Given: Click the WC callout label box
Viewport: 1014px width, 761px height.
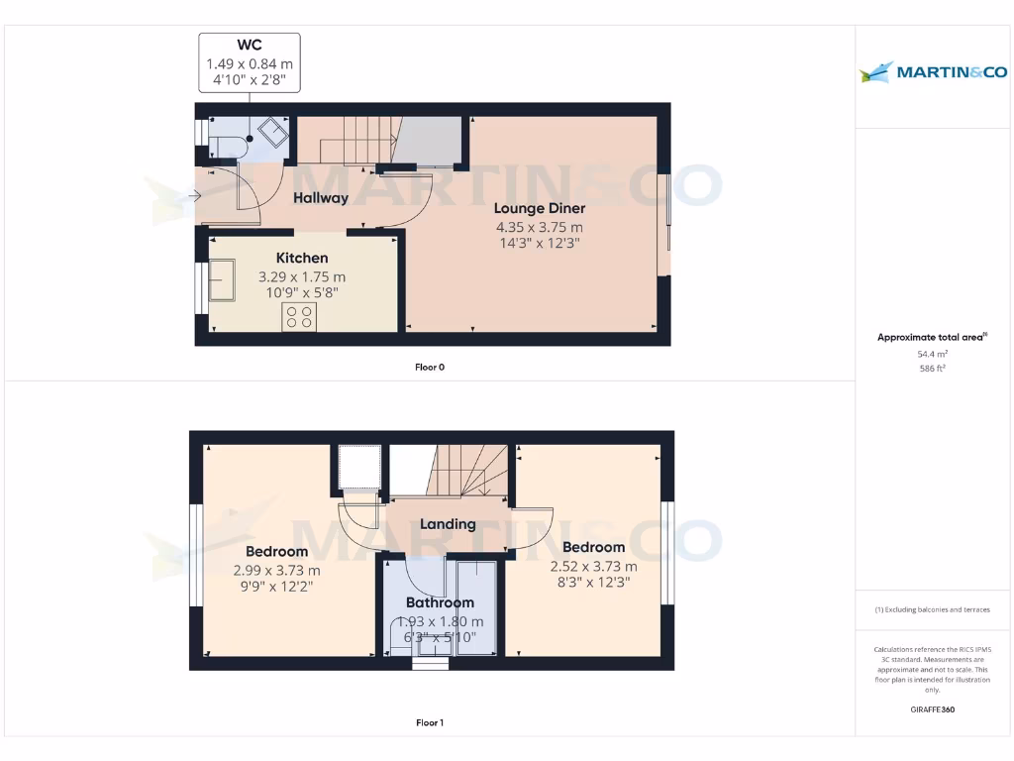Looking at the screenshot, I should click(250, 62).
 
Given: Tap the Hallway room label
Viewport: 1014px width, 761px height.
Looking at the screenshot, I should click(321, 198).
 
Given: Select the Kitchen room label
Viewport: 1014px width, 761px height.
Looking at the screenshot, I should click(302, 258).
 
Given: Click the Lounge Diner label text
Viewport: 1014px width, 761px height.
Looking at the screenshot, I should click(540, 208).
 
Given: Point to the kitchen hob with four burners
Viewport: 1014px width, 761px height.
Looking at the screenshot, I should click(299, 316).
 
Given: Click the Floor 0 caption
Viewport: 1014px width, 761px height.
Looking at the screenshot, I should click(430, 367).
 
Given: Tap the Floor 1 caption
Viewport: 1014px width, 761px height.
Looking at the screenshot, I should click(430, 723).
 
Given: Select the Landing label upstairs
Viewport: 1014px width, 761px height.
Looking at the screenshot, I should click(448, 524).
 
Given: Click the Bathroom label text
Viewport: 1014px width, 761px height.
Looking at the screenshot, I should click(440, 602).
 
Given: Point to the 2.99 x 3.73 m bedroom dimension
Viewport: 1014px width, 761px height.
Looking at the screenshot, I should click(277, 570).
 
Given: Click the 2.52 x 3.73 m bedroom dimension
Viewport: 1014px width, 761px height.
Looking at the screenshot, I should click(593, 566).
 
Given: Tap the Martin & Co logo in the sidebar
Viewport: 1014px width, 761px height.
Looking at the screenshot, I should click(933, 71).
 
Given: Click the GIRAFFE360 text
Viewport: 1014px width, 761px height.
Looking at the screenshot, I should click(933, 709).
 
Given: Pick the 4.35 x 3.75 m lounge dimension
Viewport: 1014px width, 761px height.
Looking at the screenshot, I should click(540, 227).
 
